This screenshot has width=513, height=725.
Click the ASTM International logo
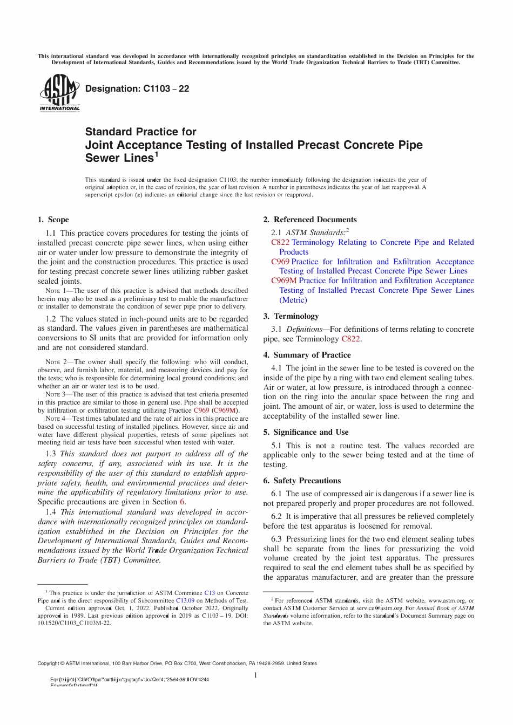coord(59,93)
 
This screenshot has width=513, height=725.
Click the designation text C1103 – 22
coord(137,89)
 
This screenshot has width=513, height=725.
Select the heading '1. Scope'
coord(53,220)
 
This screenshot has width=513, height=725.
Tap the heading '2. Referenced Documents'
coord(309,220)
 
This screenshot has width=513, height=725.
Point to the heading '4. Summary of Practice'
coord(307,355)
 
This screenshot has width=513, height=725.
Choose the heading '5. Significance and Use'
coord(306,432)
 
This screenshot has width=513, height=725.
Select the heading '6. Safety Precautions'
coord(302,481)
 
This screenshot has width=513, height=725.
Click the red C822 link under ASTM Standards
coord(280,243)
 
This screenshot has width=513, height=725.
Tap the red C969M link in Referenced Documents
coord(283,281)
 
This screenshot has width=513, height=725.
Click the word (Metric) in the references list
coord(293,300)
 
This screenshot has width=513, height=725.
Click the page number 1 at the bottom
coord(255,675)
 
